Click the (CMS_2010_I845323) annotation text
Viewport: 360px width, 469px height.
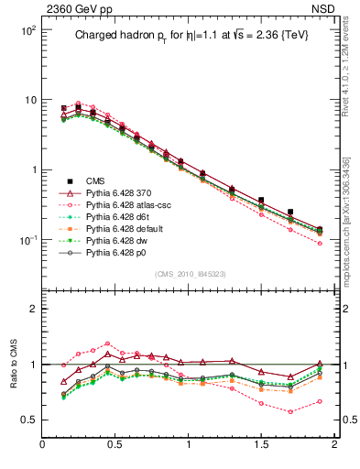tap(189, 273)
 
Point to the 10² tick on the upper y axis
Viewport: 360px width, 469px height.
tap(26, 29)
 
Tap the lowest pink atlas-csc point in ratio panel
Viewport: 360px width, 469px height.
tap(290, 411)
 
